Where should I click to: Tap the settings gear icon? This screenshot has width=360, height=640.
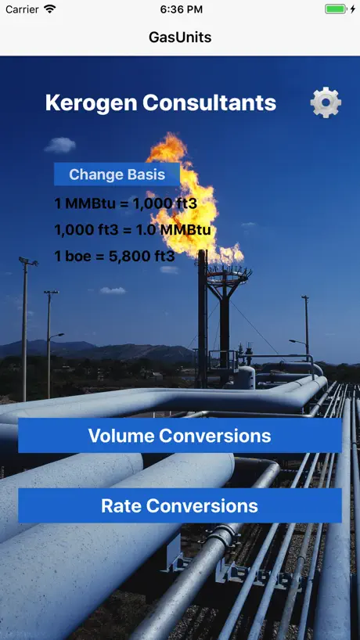pyautogui.click(x=326, y=102)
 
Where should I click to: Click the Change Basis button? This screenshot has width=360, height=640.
pyautogui.click(x=117, y=174)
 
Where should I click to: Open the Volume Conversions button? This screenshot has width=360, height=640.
pyautogui.click(x=179, y=436)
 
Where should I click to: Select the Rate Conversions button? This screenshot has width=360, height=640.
pyautogui.click(x=179, y=505)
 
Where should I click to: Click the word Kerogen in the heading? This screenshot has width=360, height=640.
pyautogui.click(x=91, y=102)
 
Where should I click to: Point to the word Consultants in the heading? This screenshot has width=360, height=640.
pyautogui.click(x=210, y=102)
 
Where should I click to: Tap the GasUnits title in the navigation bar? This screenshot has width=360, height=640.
pyautogui.click(x=180, y=38)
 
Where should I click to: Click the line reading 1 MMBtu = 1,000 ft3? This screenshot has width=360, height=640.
pyautogui.click(x=126, y=203)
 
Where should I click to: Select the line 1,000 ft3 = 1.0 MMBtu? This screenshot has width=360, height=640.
pyautogui.click(x=133, y=230)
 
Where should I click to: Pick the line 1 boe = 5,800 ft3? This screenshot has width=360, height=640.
pyautogui.click(x=115, y=257)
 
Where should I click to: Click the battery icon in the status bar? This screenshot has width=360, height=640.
pyautogui.click(x=336, y=9)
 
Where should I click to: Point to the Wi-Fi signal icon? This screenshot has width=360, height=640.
pyautogui.click(x=50, y=9)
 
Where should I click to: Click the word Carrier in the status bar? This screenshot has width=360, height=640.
pyautogui.click(x=22, y=9)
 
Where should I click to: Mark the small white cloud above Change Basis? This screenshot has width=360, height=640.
pyautogui.click(x=60, y=145)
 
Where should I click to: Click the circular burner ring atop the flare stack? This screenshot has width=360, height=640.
pyautogui.click(x=229, y=271)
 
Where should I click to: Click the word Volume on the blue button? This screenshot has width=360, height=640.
pyautogui.click(x=121, y=436)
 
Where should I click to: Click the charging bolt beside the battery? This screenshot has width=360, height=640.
pyautogui.click(x=353, y=9)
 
